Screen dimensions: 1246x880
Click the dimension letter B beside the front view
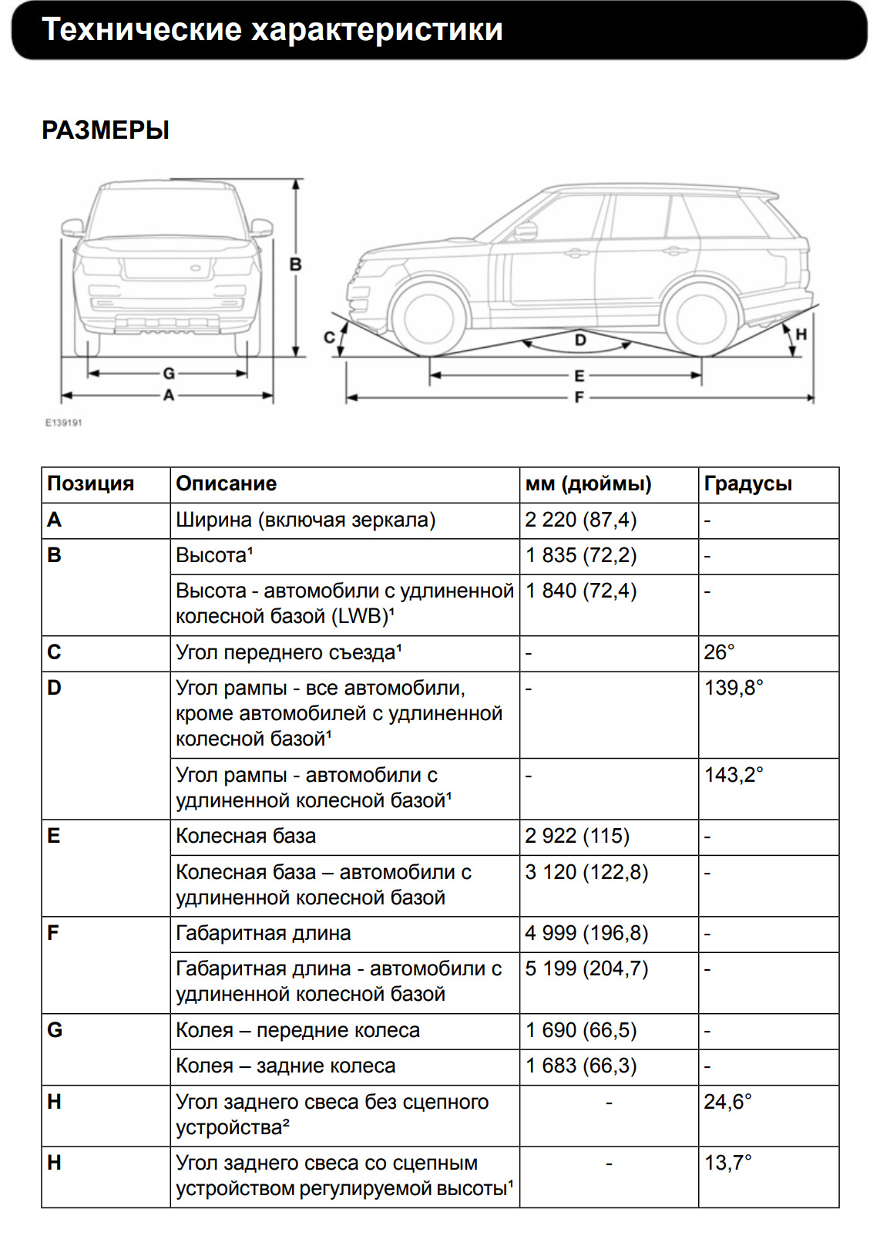pos(295,264)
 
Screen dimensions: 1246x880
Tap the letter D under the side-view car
pos(580,339)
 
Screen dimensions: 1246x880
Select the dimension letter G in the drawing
pos(168,373)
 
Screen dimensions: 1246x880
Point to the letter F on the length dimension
pos(579,397)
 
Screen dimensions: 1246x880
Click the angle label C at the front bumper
pos(329,338)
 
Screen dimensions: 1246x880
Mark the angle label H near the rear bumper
pos(801,334)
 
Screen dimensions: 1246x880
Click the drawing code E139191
pos(63,423)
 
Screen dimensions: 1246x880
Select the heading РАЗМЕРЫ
pos(106,130)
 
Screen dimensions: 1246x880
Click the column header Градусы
pos(747,484)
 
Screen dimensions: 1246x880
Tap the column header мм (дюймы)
pos(588,484)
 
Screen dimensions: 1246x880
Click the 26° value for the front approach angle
pos(719,652)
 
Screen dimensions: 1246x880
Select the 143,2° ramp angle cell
pos(734,775)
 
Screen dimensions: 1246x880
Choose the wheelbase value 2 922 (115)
pos(577,837)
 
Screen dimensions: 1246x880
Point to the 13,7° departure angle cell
pos(727,1163)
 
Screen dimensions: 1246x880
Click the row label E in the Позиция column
pos(54,837)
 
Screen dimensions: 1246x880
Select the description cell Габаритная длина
pos(263,934)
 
